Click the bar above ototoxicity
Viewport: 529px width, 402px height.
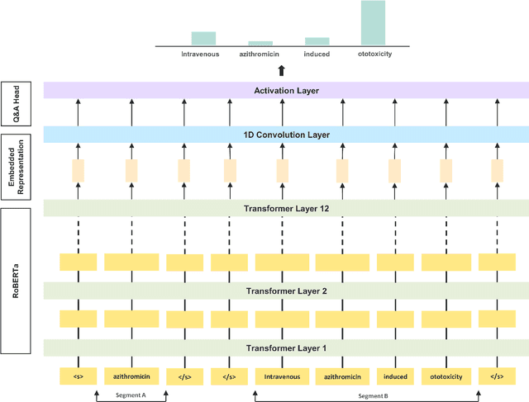point(373,22)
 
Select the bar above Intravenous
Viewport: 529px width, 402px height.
point(203,38)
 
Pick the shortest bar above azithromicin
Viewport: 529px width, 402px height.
point(260,43)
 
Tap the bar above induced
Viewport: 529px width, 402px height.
point(317,40)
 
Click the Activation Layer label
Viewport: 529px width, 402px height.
point(286,91)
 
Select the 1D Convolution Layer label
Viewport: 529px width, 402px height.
point(286,135)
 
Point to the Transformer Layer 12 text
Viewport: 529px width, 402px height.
point(286,209)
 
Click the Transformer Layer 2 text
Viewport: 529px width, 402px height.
point(286,291)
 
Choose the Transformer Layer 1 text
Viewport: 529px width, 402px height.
point(286,348)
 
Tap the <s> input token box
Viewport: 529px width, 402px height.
point(79,376)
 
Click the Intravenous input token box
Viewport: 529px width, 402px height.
point(282,376)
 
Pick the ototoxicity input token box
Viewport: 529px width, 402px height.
point(446,376)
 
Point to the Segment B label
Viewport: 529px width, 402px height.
point(374,396)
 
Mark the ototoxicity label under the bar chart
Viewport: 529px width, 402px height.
point(373,54)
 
